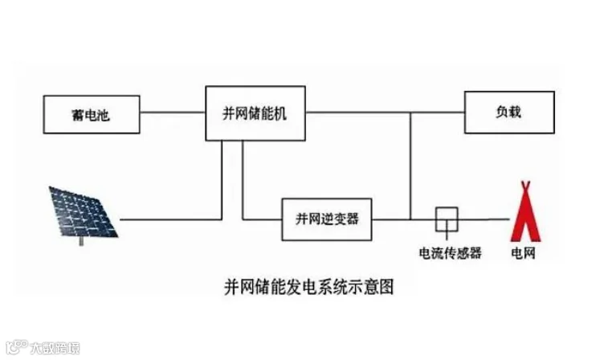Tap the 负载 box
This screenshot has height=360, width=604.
pyautogui.click(x=508, y=112)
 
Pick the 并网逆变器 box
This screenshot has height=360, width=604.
pyautogui.click(x=327, y=219)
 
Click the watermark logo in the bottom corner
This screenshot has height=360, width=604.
pyautogui.click(x=14, y=348)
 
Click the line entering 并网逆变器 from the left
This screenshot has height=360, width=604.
pyautogui.click(x=263, y=219)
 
